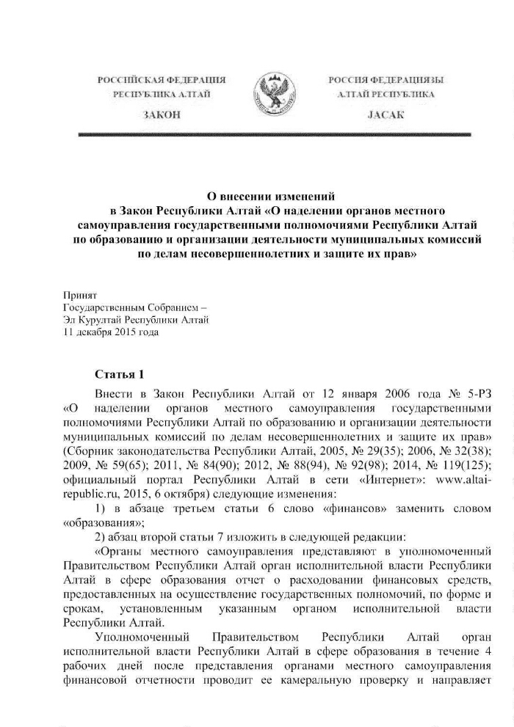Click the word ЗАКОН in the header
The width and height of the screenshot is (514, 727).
click(x=163, y=116)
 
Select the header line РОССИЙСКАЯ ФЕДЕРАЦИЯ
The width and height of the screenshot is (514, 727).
click(x=163, y=78)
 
